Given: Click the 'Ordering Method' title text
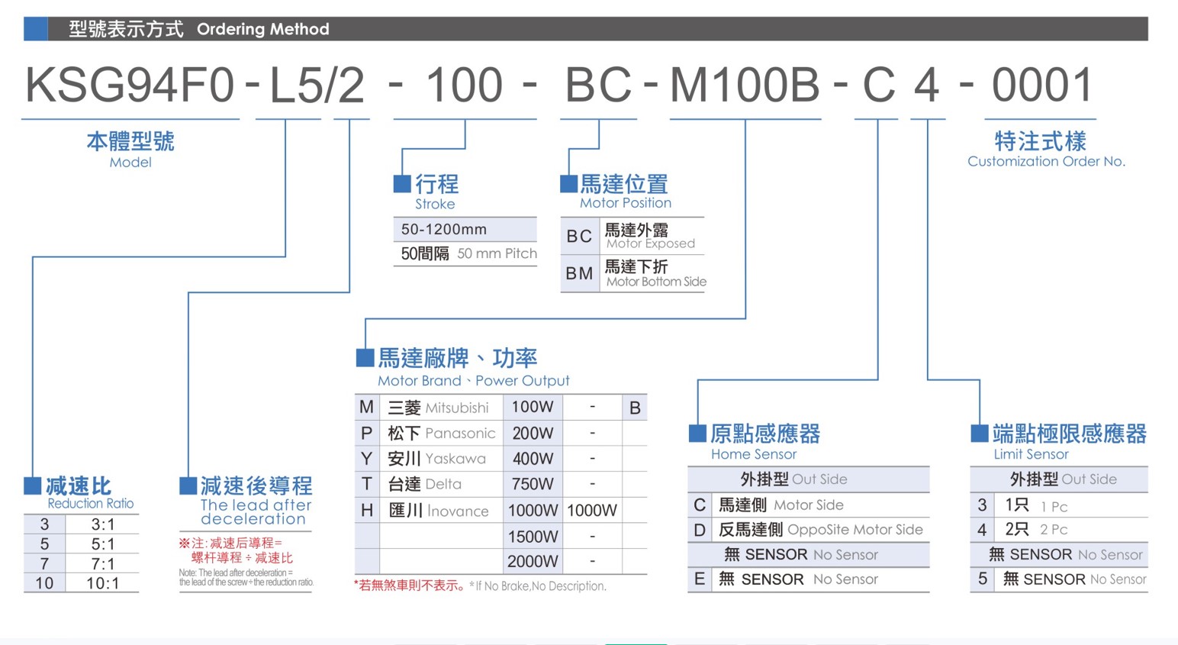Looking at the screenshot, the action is [x=263, y=29].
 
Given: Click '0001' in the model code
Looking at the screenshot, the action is [x=1041, y=84].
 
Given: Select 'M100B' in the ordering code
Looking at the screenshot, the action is [x=745, y=84].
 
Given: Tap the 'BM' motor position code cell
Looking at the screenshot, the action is [x=580, y=273].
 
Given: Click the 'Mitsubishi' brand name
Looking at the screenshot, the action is [x=457, y=408].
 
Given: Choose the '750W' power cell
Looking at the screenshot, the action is [x=533, y=484].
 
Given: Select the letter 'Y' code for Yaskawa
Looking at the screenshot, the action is [x=366, y=459].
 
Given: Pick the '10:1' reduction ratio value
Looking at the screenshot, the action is [x=102, y=583].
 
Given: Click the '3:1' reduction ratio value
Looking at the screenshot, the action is [x=102, y=524].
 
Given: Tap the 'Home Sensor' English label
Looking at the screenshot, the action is [x=754, y=454].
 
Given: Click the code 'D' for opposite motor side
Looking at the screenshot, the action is [x=700, y=530].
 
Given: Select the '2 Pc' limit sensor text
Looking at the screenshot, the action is [x=1054, y=530].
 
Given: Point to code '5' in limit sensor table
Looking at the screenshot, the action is [x=983, y=579].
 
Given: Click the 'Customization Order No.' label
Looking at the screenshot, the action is [x=1047, y=162].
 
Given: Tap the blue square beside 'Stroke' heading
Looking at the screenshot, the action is [x=402, y=184].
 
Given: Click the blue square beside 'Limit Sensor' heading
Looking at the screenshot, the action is [x=979, y=434].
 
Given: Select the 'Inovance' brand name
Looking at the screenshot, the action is [x=458, y=511].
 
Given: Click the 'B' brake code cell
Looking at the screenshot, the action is [x=635, y=408].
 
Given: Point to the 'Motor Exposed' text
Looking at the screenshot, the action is [x=651, y=243].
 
